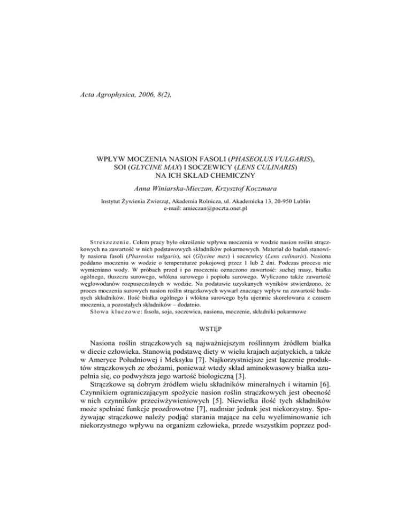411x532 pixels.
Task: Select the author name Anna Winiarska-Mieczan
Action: (x=171, y=191)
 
